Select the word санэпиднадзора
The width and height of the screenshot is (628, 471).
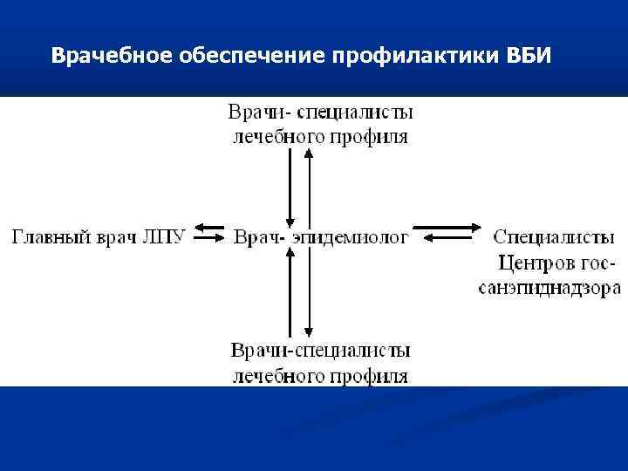[x=549, y=288]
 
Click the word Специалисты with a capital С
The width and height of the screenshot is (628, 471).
[x=554, y=236]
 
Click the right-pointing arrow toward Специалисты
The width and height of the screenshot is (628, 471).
[x=447, y=229]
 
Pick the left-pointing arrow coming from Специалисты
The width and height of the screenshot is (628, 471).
[x=447, y=242]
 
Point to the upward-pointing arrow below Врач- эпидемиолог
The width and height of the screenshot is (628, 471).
[x=288, y=292]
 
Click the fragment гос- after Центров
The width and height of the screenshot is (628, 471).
[x=595, y=263]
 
